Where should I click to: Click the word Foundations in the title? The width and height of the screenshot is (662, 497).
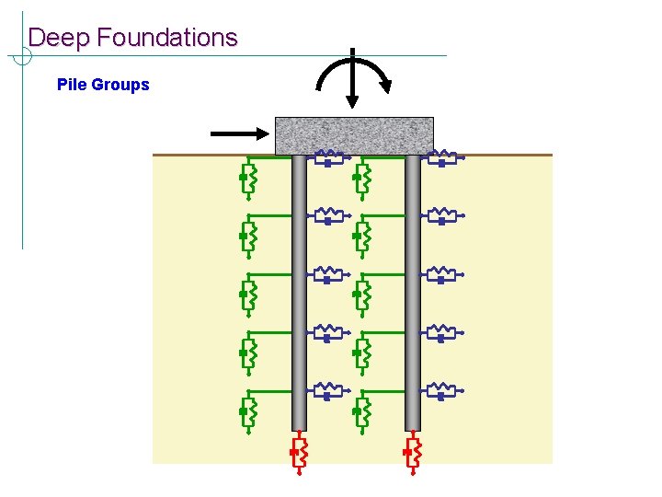point(166,38)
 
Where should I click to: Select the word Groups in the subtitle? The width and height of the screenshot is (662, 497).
point(120,85)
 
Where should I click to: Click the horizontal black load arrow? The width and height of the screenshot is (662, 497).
point(240,134)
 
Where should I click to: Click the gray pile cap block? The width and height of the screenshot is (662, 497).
point(354,135)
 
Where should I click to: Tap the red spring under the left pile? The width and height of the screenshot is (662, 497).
point(300,454)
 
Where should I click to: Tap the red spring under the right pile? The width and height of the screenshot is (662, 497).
point(414,454)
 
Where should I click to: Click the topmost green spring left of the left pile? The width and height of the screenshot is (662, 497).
point(246,176)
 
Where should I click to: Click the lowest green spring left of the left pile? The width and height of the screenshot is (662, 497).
point(246,411)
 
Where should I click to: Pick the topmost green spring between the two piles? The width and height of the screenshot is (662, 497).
point(361,176)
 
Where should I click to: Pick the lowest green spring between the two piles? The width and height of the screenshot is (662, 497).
point(361,411)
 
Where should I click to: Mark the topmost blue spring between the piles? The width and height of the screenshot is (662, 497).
point(328,158)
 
